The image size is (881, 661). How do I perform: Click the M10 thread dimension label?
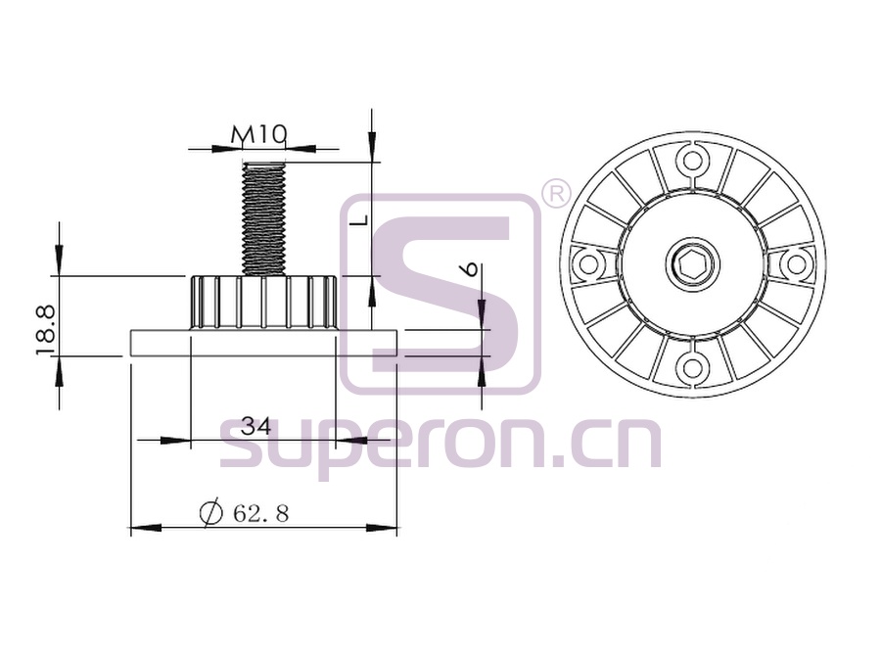259,135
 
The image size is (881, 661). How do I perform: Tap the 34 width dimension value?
255,426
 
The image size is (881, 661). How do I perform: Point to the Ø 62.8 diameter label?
245,512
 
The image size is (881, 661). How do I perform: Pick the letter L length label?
363,219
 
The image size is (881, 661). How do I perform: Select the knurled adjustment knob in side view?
263,303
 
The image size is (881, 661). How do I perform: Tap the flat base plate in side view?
264,343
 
